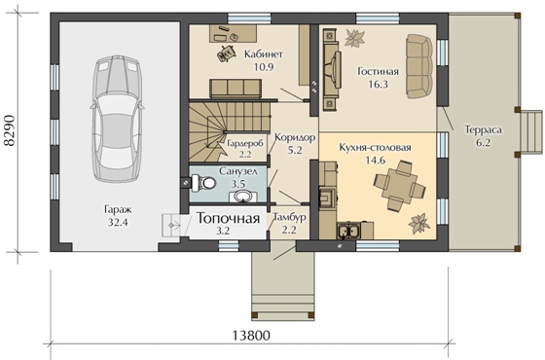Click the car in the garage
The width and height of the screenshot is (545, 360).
(x=117, y=119)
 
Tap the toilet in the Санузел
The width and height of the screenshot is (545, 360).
(x=204, y=183)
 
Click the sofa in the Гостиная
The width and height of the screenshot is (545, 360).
(x=418, y=66)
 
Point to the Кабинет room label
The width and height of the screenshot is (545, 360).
(x=264, y=54)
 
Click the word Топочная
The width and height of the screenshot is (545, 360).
(x=229, y=218)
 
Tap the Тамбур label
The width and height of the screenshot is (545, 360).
(x=290, y=217)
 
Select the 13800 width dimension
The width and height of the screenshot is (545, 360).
(x=251, y=336)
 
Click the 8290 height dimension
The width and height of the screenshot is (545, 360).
(x=10, y=130)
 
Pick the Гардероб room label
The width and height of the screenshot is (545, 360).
(x=245, y=143)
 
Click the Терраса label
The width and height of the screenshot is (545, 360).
(x=484, y=130)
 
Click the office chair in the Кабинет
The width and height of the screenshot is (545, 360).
(x=226, y=53)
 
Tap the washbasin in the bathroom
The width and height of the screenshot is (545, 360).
(x=243, y=197)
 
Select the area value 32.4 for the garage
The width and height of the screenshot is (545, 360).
(x=118, y=222)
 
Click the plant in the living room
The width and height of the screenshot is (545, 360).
(x=354, y=38)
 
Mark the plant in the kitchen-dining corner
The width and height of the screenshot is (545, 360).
(x=419, y=224)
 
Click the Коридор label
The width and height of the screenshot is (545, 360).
(x=295, y=137)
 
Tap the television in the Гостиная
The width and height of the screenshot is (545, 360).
(x=336, y=70)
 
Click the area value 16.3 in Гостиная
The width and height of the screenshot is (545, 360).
(x=378, y=85)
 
